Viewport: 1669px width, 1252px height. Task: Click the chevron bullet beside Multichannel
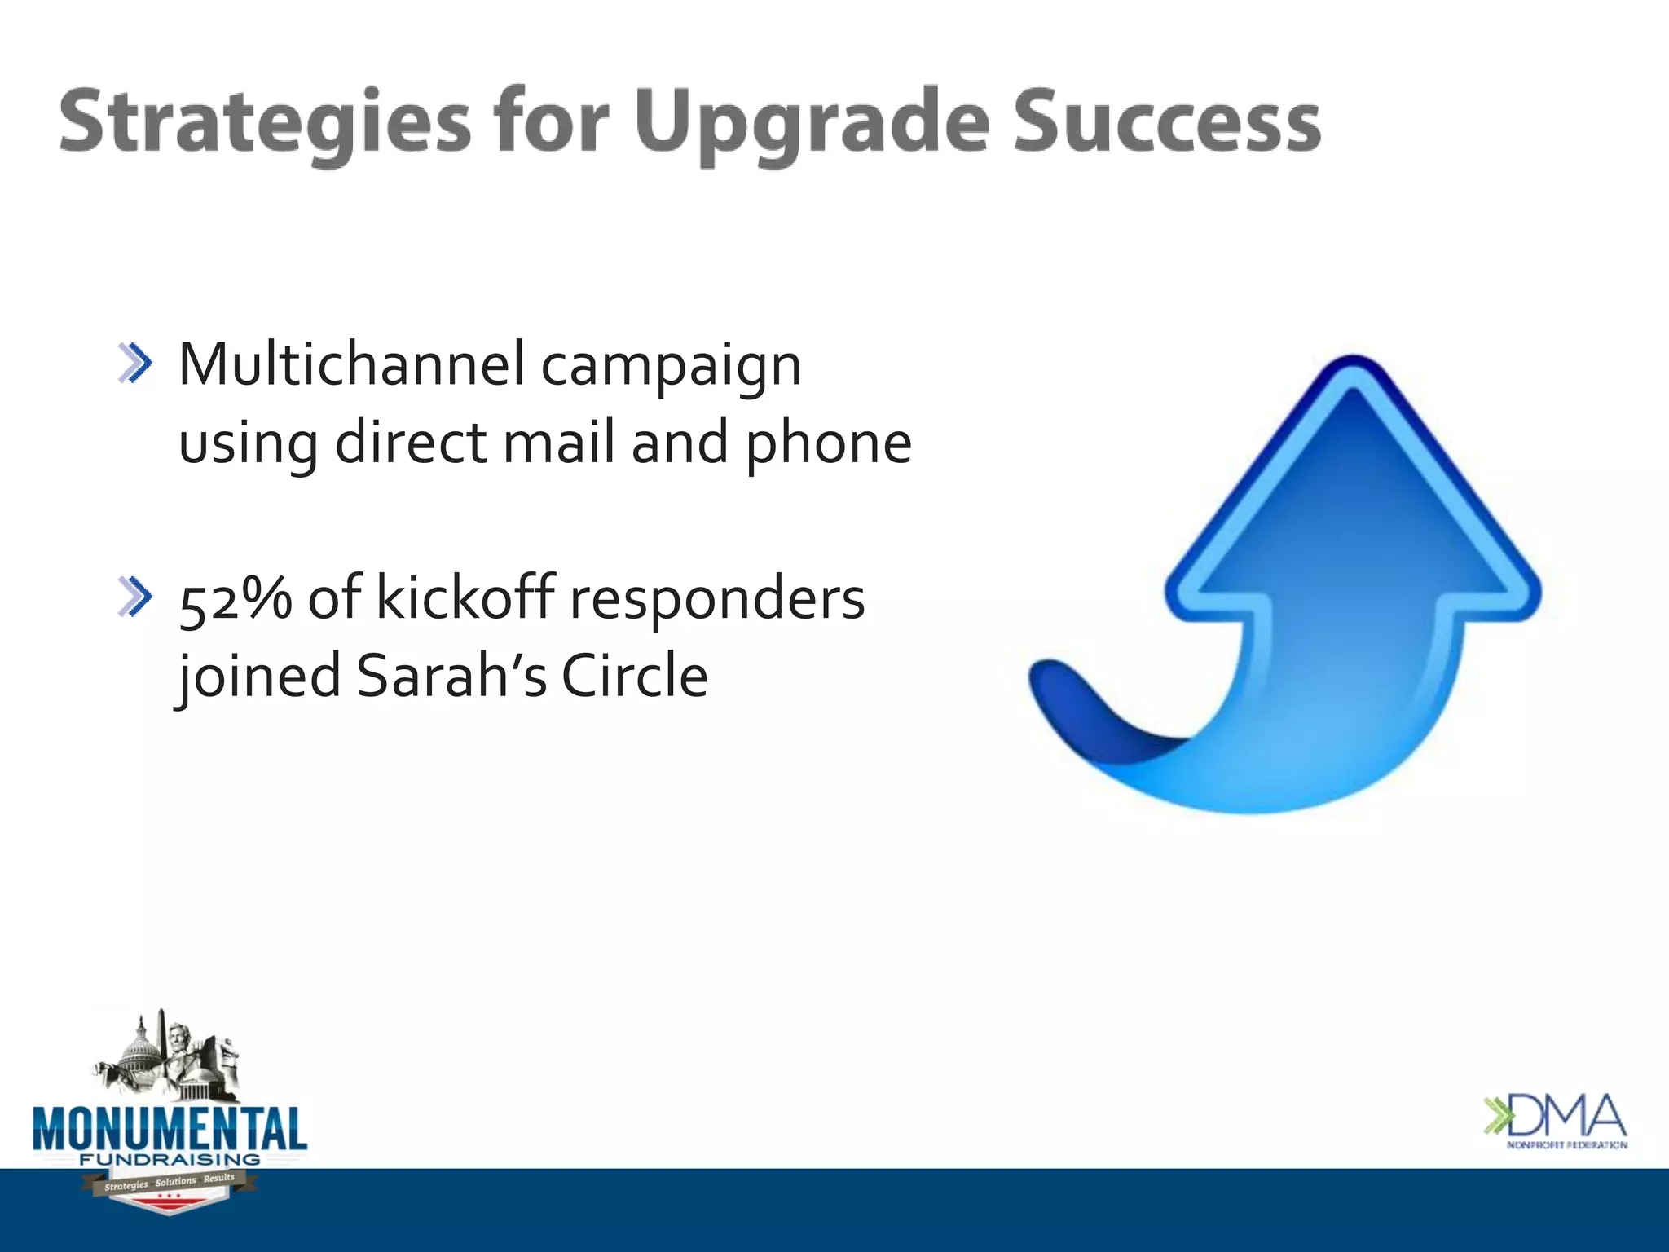point(135,364)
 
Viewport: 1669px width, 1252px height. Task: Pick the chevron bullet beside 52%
point(135,597)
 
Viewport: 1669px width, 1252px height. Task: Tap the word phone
point(828,444)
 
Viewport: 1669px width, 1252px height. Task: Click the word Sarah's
point(451,676)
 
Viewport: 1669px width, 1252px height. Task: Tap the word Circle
point(635,676)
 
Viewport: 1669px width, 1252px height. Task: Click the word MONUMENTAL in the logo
point(170,1130)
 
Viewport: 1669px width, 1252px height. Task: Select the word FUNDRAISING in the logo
point(170,1159)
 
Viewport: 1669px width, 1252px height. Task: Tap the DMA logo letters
point(1565,1116)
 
